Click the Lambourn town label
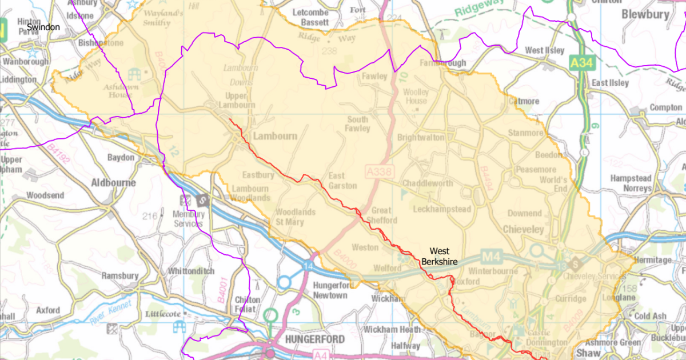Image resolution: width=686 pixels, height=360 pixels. pos(275,137)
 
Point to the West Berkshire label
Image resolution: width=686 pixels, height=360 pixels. pos(439,257)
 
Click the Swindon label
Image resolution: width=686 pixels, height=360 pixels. pos(43,27)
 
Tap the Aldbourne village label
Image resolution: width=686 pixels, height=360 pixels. pos(114,183)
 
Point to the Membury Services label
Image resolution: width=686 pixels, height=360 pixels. pos(189,219)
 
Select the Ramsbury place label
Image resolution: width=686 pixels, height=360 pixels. pos(120,275)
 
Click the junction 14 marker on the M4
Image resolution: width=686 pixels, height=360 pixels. pos(309,267)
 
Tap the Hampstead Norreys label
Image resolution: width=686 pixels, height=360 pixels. pos(631,183)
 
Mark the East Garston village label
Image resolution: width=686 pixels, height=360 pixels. pos(342,181)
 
